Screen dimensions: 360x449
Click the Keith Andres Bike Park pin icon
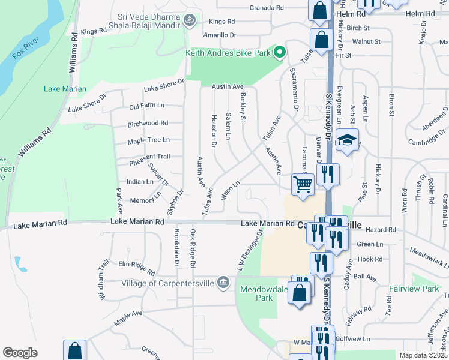(x=279, y=53)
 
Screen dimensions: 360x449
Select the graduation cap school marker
(x=347, y=141)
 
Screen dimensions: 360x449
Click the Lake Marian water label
(x=65, y=89)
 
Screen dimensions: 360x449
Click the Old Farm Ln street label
(x=146, y=106)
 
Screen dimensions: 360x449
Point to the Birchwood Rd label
(x=148, y=124)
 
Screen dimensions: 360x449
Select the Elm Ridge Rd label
(x=137, y=264)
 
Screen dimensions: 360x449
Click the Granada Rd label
(x=267, y=8)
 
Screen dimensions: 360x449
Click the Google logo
(x=20, y=353)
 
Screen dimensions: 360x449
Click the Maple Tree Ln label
(x=148, y=141)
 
